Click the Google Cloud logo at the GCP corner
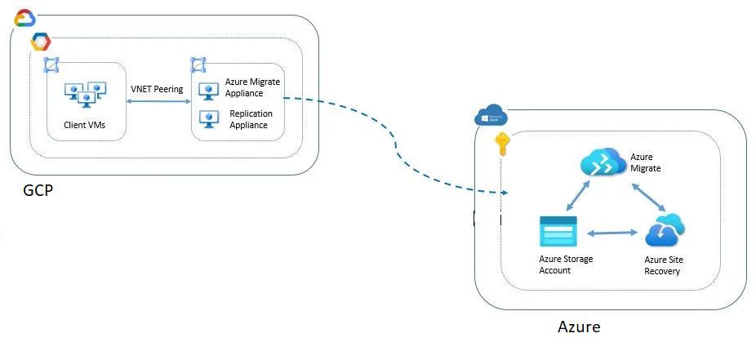24,18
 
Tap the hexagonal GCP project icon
40,42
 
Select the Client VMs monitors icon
86,95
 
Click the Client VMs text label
84,125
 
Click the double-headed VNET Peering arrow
157,101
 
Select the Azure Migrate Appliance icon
206,88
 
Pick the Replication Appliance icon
206,119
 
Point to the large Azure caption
579,327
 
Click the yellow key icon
503,145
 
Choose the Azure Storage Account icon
558,232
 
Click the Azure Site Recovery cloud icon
665,230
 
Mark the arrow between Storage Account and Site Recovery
611,233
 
